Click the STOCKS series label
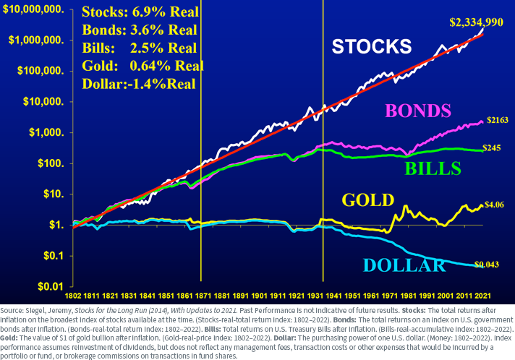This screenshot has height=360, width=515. pyautogui.click(x=371, y=47)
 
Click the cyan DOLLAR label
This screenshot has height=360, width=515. pyautogui.click(x=404, y=265)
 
